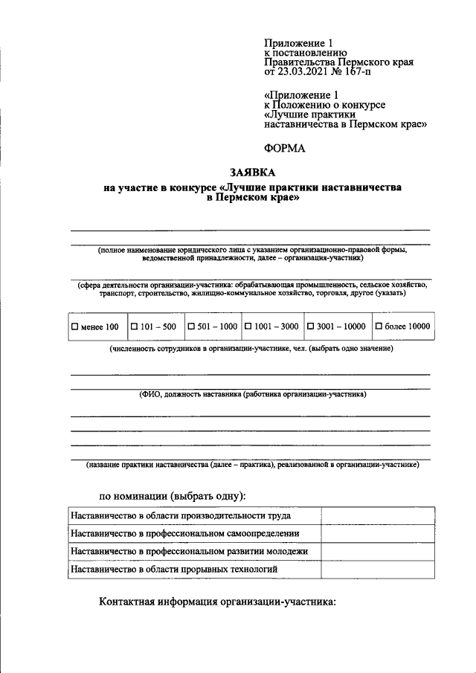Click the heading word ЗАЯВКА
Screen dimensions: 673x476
tap(251, 172)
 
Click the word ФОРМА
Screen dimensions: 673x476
tap(285, 148)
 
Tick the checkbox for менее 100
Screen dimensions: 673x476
tap(74, 326)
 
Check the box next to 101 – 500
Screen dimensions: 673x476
tap(134, 326)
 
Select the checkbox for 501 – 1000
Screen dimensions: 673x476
tap(191, 326)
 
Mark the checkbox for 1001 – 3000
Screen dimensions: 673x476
tap(248, 326)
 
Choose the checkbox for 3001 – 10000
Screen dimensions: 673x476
tap(311, 326)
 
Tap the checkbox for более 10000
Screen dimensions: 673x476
tap(379, 326)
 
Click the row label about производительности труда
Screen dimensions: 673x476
tap(180, 515)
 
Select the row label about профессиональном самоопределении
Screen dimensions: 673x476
tap(184, 533)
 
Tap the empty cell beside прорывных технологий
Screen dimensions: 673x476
tap(378, 569)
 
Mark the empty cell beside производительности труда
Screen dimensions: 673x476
tap(378, 515)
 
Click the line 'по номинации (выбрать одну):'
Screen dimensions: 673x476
tap(173, 495)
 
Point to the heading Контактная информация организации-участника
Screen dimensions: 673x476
tap(218, 602)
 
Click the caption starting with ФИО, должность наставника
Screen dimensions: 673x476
tap(252, 394)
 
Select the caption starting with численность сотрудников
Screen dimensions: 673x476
tap(251, 348)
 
